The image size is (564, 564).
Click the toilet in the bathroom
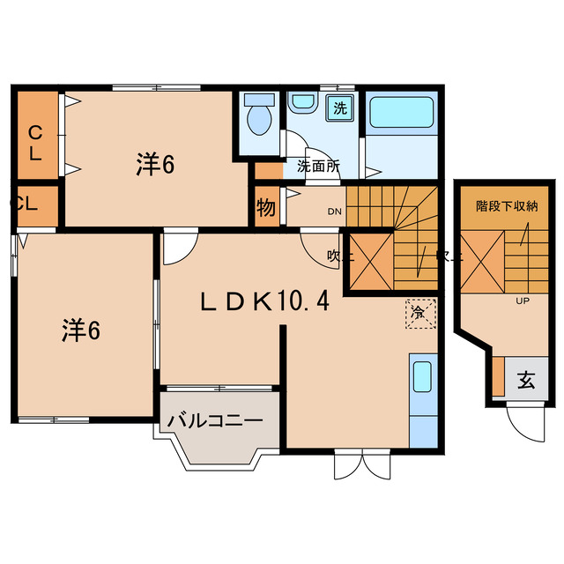(259, 118)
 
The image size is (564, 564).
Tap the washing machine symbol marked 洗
(338, 109)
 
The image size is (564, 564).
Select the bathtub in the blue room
(401, 117)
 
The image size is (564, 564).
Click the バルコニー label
(215, 421)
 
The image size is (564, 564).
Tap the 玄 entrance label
(525, 381)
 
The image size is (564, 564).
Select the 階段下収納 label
(507, 206)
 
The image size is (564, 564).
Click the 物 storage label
(266, 209)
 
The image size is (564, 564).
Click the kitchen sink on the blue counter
(421, 377)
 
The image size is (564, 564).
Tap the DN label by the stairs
(335, 211)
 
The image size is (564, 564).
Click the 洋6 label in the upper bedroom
(154, 163)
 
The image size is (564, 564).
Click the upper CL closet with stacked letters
(36, 142)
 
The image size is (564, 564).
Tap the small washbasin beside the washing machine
(301, 105)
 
